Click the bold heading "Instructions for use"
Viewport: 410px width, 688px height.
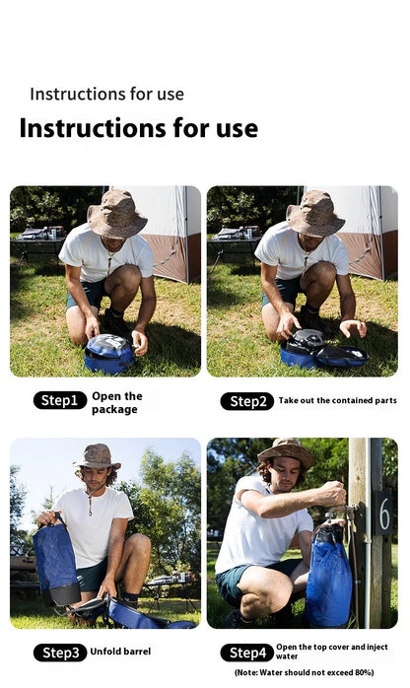(x=138, y=128)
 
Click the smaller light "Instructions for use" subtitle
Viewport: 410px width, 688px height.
(x=106, y=94)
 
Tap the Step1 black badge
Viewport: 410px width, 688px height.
(x=59, y=400)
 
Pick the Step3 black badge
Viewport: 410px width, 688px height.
(x=59, y=653)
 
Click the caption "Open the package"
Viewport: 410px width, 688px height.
(x=116, y=402)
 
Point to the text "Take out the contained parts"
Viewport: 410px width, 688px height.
(x=337, y=401)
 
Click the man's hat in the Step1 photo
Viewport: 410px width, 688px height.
(x=116, y=211)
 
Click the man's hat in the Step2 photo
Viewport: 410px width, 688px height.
(x=315, y=211)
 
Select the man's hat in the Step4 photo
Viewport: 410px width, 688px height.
(x=286, y=451)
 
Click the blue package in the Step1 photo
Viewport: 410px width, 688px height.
(x=108, y=353)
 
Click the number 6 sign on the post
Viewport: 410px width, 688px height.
(x=383, y=513)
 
